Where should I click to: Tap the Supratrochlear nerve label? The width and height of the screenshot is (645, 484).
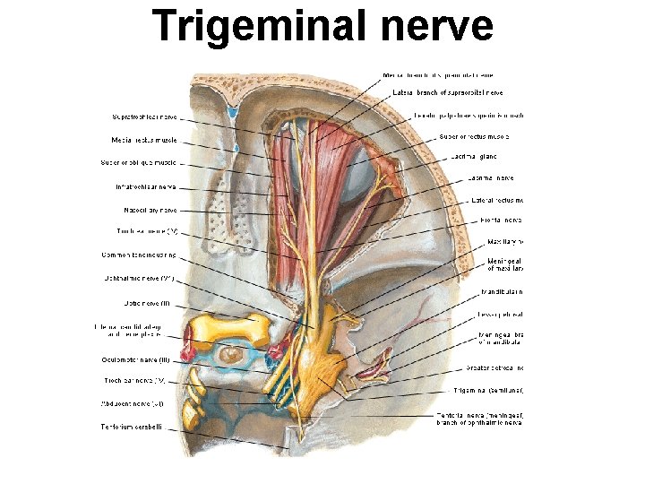[x=146, y=117]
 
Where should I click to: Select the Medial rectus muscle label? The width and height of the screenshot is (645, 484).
[x=144, y=140]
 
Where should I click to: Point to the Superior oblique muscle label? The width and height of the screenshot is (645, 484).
[x=144, y=163]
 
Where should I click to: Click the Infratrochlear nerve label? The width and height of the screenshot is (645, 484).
[x=146, y=186]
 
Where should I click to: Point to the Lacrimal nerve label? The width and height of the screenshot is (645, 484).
[x=490, y=177]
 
